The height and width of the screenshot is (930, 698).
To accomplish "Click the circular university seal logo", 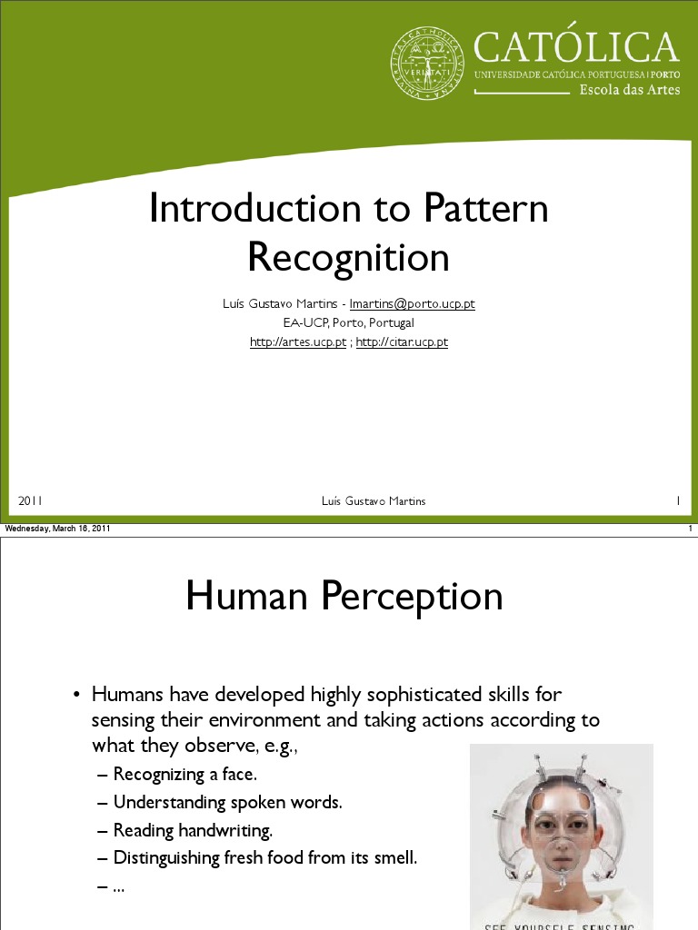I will point(427,64).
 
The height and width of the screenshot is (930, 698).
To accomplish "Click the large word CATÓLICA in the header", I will point(576,47).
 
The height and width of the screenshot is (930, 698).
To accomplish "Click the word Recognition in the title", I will point(349,258).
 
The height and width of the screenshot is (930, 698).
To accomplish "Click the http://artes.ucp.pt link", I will point(298,342).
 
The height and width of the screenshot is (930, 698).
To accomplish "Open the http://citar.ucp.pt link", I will point(402,342).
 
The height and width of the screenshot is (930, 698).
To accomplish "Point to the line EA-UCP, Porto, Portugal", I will point(349,322).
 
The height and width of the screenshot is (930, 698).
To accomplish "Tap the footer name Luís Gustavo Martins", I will point(374,501).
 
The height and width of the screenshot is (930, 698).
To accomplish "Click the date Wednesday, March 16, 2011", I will point(58,529).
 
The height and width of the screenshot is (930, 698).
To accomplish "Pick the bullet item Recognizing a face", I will point(185,775).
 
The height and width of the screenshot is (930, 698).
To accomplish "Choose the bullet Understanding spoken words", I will point(227,803).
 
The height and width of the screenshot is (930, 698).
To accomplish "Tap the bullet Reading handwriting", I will point(193,830).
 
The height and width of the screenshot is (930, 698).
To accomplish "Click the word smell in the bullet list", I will point(394,857).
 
